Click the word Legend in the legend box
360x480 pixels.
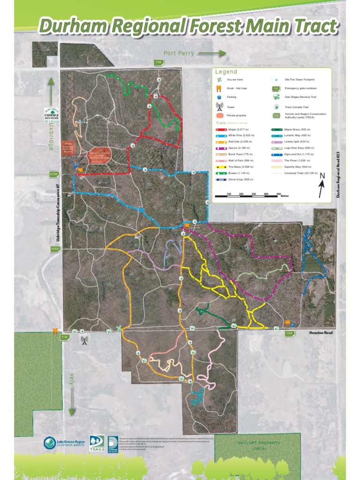226,72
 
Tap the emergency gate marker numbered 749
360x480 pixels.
158,62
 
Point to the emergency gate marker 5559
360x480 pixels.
55,249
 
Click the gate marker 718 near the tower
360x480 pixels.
65,337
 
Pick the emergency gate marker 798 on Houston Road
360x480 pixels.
290,334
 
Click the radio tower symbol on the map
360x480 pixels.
84,340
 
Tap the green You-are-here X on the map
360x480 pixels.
120,329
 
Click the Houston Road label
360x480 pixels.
320,333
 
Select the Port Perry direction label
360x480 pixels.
179,53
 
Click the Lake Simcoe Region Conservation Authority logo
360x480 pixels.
63,443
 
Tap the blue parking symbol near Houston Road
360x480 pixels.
293,325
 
